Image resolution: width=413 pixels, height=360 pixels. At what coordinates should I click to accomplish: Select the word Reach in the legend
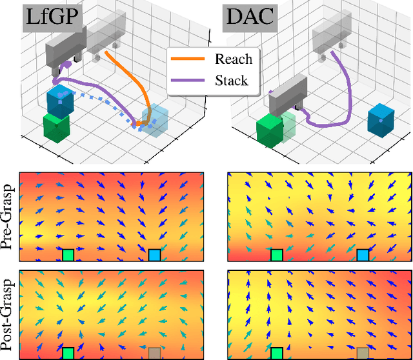point(232,59)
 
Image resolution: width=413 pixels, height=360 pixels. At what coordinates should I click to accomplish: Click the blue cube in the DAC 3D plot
point(381,119)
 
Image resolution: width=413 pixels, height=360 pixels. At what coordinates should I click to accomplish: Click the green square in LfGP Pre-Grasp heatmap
point(68,255)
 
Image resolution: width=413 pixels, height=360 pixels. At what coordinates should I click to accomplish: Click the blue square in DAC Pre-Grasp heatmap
point(362,255)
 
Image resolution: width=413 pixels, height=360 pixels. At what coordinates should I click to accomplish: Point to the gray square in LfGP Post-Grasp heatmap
point(154,353)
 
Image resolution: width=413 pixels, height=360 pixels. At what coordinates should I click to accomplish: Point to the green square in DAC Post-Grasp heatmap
point(277,353)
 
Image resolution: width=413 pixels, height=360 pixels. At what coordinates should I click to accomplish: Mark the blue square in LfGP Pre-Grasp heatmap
point(154,255)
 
